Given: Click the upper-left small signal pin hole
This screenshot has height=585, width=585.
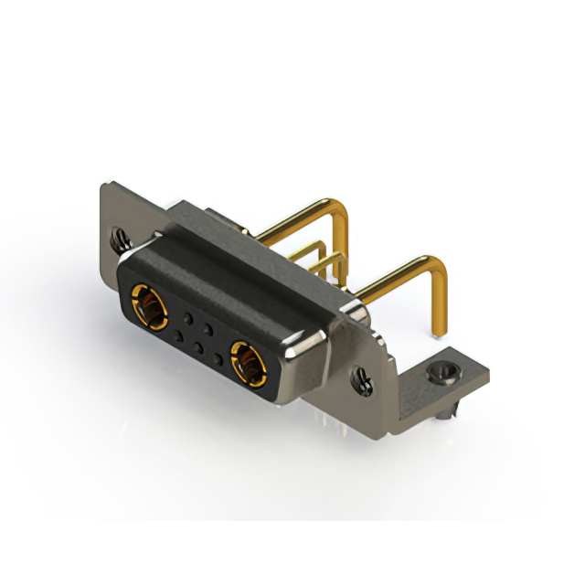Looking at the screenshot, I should pos(187,316).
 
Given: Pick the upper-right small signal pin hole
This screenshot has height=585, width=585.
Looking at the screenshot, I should pos(208,327).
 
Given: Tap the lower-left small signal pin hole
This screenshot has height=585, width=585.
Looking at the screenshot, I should pos(178,335).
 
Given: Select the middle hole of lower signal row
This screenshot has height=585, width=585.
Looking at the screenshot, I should pos(197,346).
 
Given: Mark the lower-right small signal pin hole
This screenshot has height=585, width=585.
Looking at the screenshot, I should pos(218,357).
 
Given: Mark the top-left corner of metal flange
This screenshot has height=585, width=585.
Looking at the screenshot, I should pos(104,186).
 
